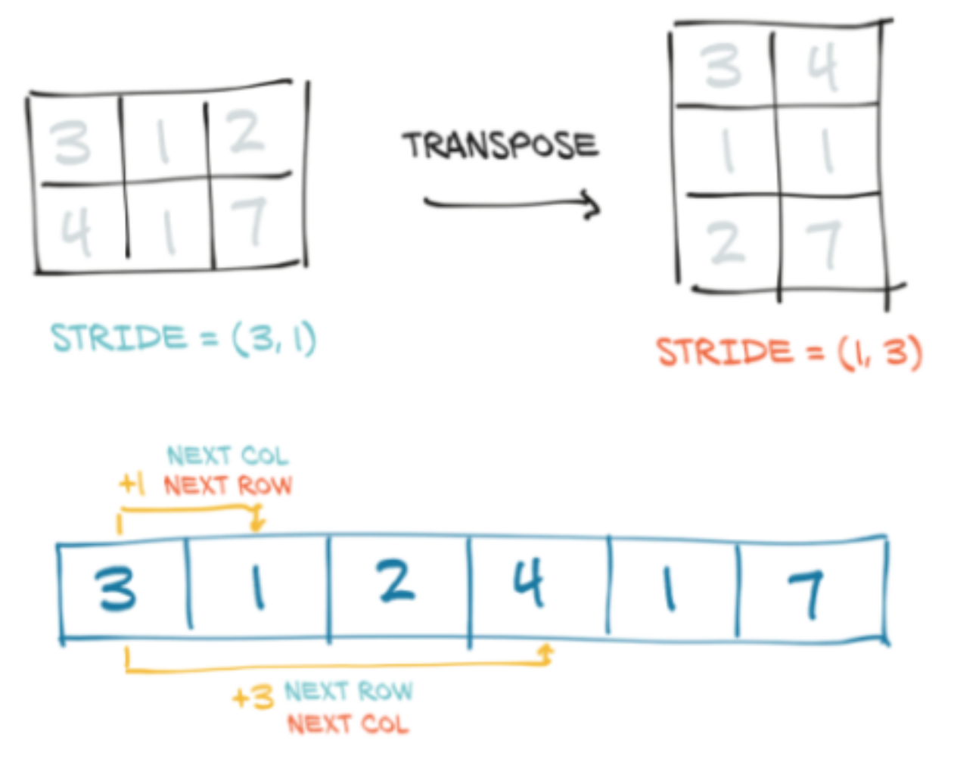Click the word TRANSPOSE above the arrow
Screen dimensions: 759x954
click(500, 145)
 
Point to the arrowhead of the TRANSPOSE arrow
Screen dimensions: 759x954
click(593, 205)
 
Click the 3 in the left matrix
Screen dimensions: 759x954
click(70, 142)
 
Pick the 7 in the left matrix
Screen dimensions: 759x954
click(248, 222)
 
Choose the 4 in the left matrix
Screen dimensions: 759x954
click(76, 230)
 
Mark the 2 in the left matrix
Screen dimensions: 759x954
click(246, 132)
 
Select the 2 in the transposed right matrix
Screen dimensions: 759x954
click(726, 243)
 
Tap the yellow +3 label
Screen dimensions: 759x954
click(253, 697)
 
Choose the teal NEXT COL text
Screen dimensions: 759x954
click(228, 456)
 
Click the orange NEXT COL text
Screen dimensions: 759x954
click(348, 724)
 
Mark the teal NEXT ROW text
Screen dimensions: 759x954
click(349, 691)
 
